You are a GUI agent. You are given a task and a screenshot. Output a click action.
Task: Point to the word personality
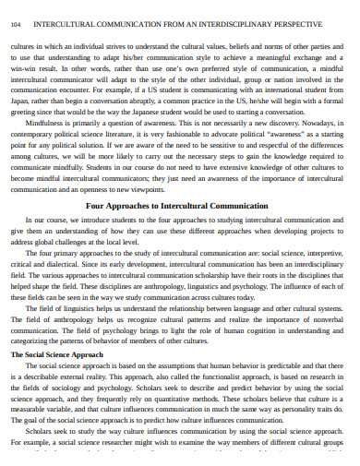pyautogui.click(x=296, y=438)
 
